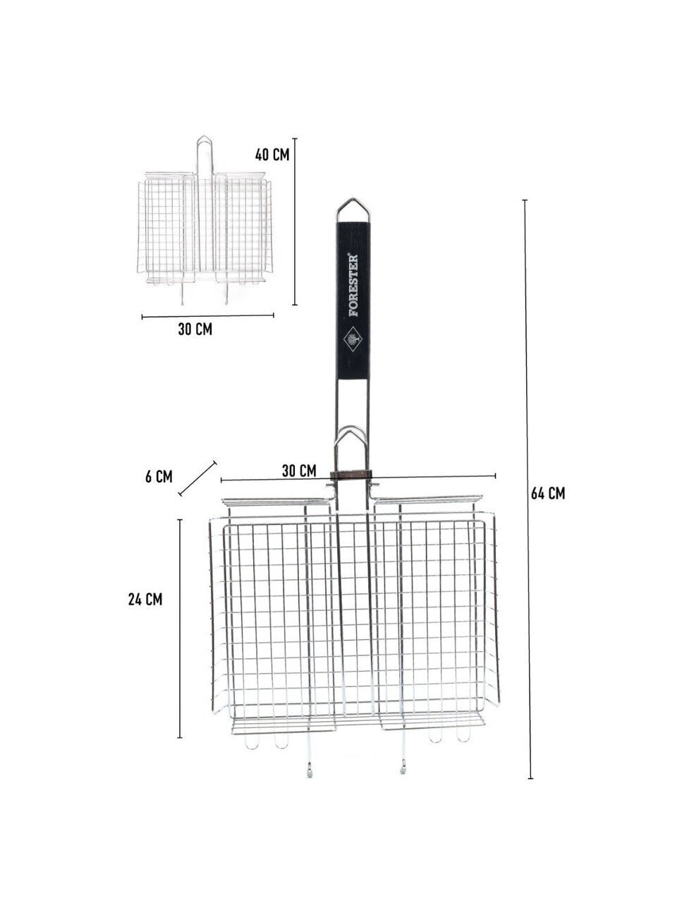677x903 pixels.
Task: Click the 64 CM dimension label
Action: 547,493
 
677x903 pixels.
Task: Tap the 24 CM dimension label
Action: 145,600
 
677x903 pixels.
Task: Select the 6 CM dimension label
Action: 159,477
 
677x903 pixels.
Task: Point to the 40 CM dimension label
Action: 272,154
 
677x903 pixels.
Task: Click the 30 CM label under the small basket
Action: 195,329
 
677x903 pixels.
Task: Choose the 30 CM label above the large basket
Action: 299,471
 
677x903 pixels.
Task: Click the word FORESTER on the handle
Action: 353,285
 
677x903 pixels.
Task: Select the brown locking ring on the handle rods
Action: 350,475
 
